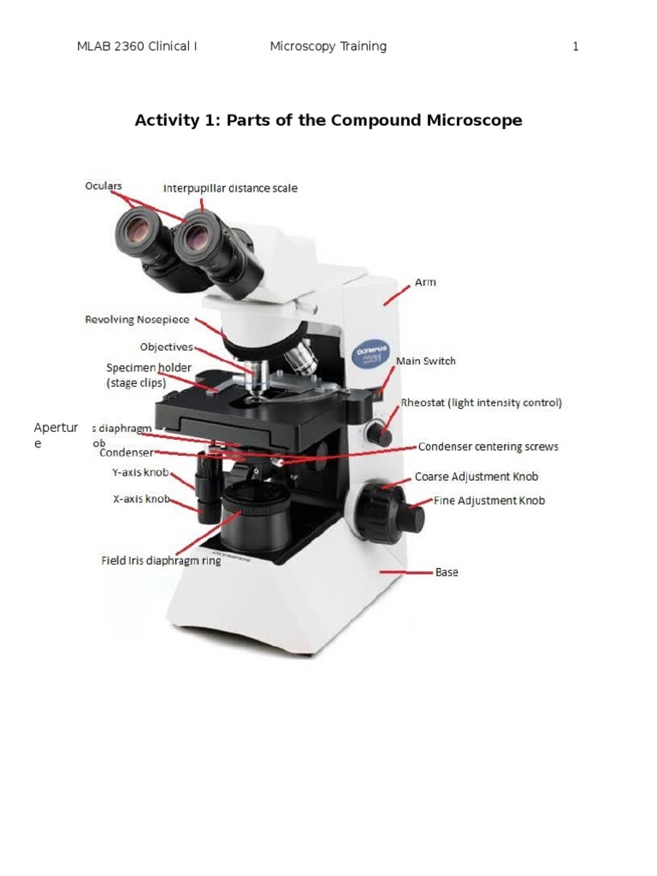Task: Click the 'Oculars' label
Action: [103, 186]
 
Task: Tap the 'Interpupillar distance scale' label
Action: [230, 188]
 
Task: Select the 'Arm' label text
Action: [425, 282]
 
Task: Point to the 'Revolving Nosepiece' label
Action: [138, 320]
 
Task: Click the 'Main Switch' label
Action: [426, 361]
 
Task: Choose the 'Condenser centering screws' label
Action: [488, 447]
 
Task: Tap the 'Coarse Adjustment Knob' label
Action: [476, 476]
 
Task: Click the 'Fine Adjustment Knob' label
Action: [489, 500]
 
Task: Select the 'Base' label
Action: [447, 572]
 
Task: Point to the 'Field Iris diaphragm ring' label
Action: [161, 561]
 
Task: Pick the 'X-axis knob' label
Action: [141, 498]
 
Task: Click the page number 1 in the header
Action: [576, 46]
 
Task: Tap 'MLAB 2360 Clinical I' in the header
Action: [137, 46]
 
